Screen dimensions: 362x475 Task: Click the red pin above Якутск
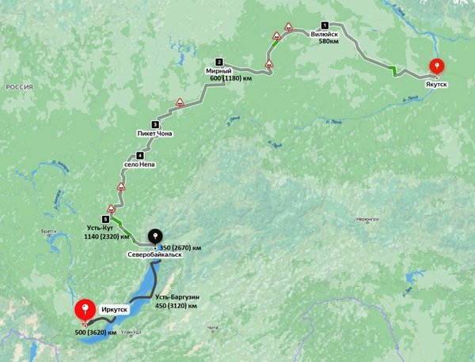(435, 68)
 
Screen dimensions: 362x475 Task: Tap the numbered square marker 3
(154, 124)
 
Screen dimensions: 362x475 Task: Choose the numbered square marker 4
(139, 156)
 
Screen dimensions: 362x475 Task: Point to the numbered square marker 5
(105, 218)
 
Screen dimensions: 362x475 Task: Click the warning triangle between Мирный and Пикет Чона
(180, 103)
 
